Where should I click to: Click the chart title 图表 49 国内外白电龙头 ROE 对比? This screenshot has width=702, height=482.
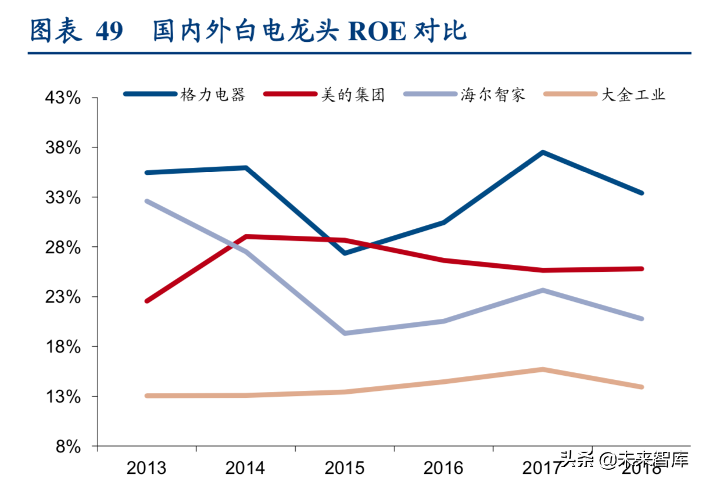[248, 31]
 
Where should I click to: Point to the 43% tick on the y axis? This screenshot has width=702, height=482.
[71, 98]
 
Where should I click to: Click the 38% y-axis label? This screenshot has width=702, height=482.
[71, 148]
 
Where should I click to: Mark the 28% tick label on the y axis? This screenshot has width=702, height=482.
[71, 247]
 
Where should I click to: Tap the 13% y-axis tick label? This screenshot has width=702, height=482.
[71, 397]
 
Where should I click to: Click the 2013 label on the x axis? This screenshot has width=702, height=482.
[146, 467]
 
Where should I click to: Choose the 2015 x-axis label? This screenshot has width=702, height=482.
[345, 467]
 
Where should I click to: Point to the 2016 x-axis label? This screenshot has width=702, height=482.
[443, 467]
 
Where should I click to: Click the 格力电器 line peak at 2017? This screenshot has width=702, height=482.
[542, 153]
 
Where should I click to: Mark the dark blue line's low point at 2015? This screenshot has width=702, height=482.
[345, 253]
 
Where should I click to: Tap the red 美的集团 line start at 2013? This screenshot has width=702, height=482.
[147, 301]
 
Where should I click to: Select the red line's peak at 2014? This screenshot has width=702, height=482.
[246, 237]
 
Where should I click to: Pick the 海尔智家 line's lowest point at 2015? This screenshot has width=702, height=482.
[345, 333]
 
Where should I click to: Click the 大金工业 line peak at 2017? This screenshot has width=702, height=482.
[542, 369]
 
